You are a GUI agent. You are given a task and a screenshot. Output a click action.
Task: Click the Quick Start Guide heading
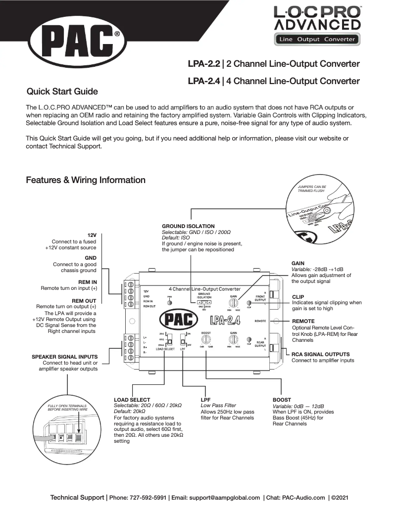pos(62,92)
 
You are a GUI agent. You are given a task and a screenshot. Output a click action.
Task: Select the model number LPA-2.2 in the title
pos(203,64)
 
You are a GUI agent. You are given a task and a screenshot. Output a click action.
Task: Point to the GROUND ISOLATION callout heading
pos(188,226)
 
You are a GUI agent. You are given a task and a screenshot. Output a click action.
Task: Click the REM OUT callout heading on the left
pos(84,300)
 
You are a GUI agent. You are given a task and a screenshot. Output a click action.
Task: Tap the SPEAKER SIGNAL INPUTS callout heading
pos(64,356)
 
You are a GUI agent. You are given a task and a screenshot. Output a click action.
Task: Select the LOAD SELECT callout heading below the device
pos(132,399)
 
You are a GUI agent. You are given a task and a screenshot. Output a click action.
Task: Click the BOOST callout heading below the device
pos(282,399)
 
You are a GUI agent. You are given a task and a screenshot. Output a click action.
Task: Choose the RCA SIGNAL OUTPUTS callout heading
pos(321,354)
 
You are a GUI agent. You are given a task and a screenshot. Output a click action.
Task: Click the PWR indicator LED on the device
pos(169,302)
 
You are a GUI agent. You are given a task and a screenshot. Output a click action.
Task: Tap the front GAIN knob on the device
pos(232,302)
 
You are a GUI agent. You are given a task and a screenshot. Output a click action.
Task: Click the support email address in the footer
pos(222,497)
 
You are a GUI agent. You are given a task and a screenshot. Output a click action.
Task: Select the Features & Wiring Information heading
pos(86,180)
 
